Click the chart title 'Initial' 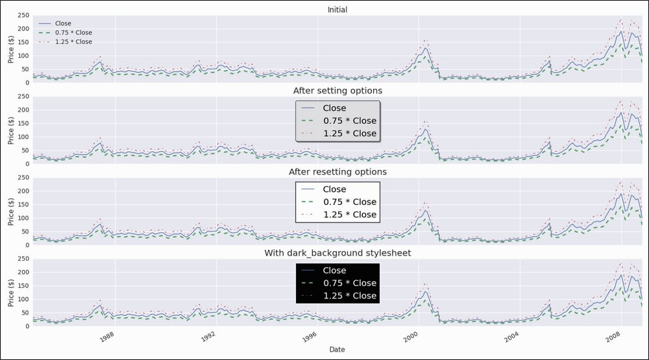coord(337,10)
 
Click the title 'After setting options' coord(337,91)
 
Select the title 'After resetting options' coord(337,172)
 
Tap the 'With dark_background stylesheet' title coord(337,253)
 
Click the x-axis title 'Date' coord(337,350)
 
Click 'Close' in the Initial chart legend coord(63,23)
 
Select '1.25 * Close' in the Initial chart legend coord(73,42)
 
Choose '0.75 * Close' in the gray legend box coord(349,121)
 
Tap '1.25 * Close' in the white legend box coord(349,215)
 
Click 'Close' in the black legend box coord(334,270)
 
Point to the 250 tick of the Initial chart coord(23,16)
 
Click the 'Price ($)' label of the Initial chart coord(10,47)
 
